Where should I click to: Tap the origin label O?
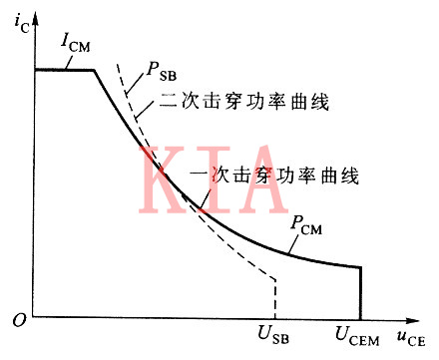point(18,320)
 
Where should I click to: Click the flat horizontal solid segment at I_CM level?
point(64,69)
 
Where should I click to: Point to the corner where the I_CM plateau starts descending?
point(95,69)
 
